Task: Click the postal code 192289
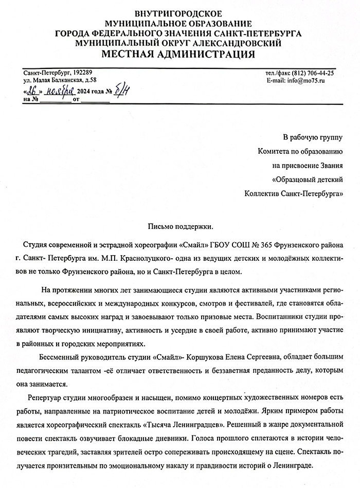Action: (x=80, y=73)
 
